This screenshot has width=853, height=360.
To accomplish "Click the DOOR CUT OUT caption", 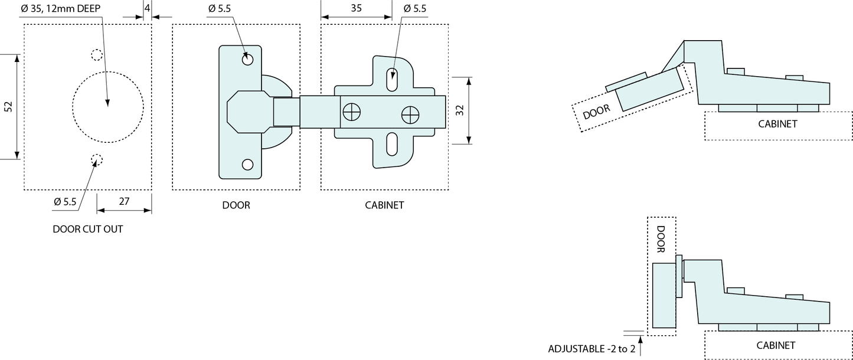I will pyautogui.click(x=88, y=229).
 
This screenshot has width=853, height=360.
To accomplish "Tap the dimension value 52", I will pyautogui.click(x=8, y=107).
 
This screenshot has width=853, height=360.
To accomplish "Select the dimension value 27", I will pyautogui.click(x=124, y=201).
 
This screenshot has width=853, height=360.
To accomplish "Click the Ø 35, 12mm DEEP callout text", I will pyautogui.click(x=60, y=9).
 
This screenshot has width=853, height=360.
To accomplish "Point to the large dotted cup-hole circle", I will pyautogui.click(x=108, y=107).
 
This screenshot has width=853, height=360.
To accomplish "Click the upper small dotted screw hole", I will pyautogui.click(x=97, y=55).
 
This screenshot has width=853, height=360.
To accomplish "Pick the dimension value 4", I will pyautogui.click(x=147, y=9).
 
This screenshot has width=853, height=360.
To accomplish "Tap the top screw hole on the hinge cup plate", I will pyautogui.click(x=248, y=60).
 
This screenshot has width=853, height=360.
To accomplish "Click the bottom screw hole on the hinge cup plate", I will pyautogui.click(x=248, y=165).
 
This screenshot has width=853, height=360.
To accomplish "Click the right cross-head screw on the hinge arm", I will pyautogui.click(x=409, y=114).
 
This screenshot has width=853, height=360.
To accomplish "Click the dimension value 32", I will pyautogui.click(x=459, y=110).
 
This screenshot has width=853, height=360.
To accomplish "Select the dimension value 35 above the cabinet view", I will pyautogui.click(x=356, y=9).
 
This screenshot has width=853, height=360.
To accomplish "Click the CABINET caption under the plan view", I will pyautogui.click(x=384, y=205).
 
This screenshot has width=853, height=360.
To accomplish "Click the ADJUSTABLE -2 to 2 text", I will pyautogui.click(x=591, y=349).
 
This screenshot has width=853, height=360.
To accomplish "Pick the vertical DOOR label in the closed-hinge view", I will pyautogui.click(x=661, y=239).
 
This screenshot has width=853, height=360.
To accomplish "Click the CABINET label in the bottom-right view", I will pyautogui.click(x=776, y=345).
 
